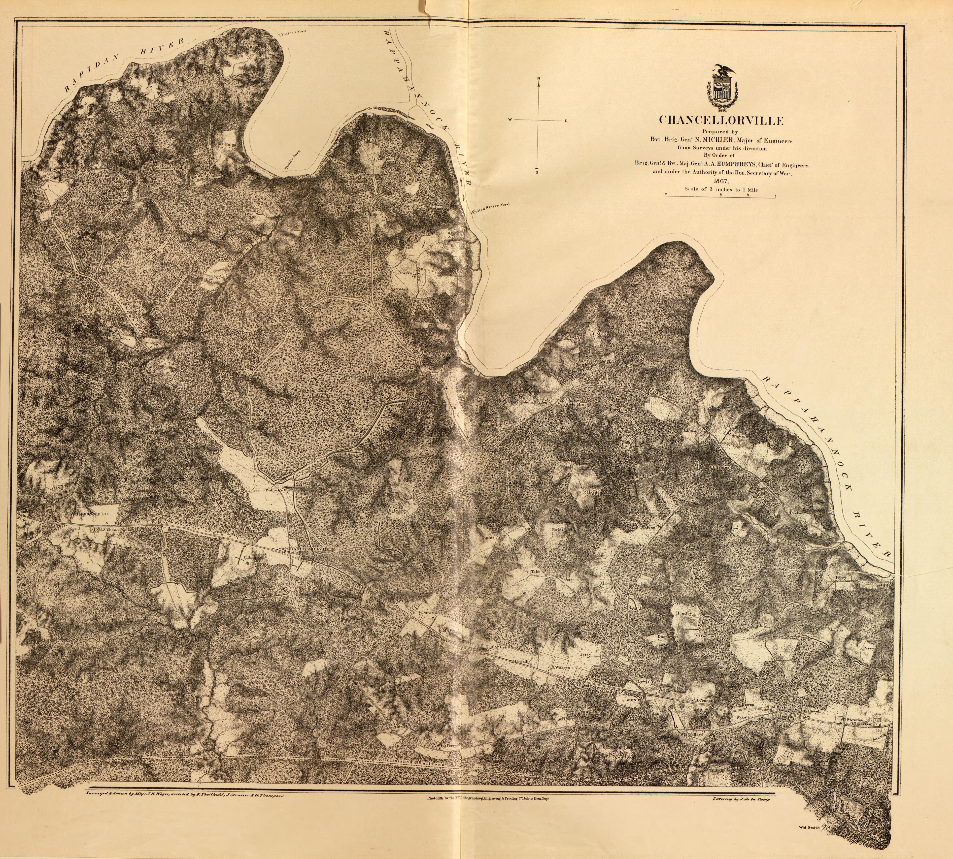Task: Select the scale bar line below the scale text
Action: [720, 197]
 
